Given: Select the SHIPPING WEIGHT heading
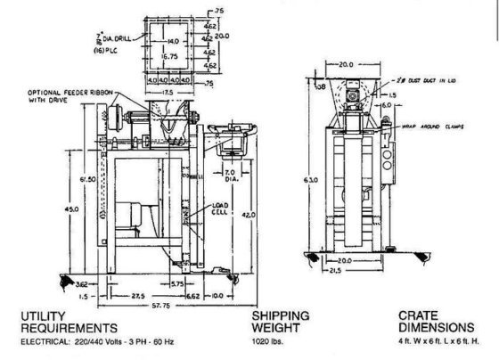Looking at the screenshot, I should (280, 322).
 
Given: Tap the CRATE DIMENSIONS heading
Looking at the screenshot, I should (427, 322).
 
